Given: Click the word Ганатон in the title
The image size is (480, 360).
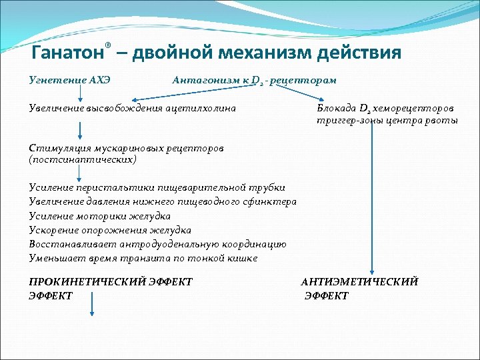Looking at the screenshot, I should click(67, 53).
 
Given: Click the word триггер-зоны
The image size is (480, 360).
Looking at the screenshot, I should click(346, 121).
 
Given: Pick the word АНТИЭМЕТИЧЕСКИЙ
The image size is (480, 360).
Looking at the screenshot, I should click(359, 282).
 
